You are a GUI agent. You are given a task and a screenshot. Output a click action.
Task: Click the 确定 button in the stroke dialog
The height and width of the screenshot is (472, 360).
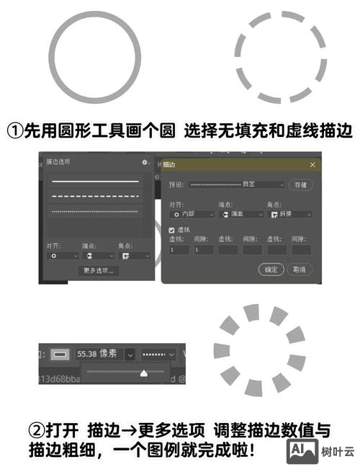click(x=271, y=269)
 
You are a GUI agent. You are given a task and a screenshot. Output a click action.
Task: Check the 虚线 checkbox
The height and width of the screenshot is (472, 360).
click(x=172, y=229)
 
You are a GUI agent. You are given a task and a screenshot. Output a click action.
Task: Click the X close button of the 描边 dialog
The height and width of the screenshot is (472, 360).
click(x=312, y=165)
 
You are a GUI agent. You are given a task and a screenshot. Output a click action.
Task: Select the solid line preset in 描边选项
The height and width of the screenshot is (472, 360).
click(x=94, y=181)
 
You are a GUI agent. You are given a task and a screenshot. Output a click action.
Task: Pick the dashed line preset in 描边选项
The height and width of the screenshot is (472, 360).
click(x=94, y=196)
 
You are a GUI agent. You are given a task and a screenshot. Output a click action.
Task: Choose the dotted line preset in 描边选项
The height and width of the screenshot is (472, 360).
click(x=94, y=210)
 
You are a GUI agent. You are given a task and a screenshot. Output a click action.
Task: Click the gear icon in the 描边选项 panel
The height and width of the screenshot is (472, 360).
click(x=145, y=163)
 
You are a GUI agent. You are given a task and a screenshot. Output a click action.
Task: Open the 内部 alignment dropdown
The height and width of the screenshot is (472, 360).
click(x=192, y=214)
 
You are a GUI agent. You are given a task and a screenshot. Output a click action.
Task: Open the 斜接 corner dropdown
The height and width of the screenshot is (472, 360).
click(x=290, y=214)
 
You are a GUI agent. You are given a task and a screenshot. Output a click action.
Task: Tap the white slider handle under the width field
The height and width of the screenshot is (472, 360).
click(x=143, y=373)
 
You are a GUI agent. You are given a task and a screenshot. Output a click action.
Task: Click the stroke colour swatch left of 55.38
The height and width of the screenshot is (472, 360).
click(x=60, y=355)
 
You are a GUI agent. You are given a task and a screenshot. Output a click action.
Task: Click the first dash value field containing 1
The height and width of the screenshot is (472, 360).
click(x=178, y=249)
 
